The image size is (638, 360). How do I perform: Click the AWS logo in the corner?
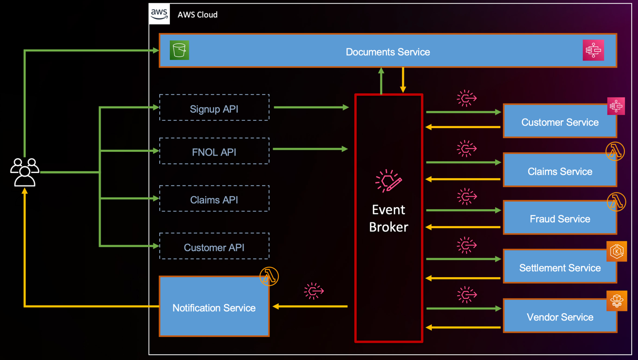[159, 14]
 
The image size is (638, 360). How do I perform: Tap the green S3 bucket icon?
[179, 51]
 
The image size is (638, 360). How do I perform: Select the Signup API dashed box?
[214, 108]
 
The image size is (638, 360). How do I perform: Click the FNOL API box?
[214, 151]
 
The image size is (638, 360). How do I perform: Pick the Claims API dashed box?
[214, 199]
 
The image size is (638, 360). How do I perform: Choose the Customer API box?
[214, 247]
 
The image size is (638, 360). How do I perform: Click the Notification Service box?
[214, 308]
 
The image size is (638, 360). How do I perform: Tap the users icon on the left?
[25, 172]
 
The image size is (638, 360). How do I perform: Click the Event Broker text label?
[389, 218]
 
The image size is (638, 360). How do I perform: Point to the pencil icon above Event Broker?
[389, 181]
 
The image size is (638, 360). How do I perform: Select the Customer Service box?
[559, 122]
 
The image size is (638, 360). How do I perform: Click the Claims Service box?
[559, 171]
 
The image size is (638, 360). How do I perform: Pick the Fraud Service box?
[559, 219]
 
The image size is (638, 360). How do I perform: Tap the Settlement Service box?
[559, 268]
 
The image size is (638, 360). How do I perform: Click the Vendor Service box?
[559, 317]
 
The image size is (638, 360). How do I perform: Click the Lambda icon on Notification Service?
[269, 277]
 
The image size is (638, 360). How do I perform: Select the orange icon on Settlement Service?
[616, 251]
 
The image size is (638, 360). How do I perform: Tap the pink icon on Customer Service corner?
[616, 106]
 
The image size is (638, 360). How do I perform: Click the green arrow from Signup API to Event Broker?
[311, 108]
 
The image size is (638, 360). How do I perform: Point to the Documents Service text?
[388, 52]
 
